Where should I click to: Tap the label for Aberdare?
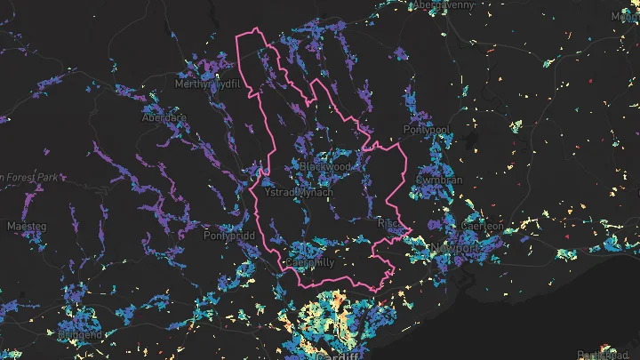coord(164,117)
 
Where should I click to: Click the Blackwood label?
coord(325,166)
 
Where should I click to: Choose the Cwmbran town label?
coord(439,180)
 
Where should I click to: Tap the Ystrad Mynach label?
coord(300,192)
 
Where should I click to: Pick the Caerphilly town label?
coord(309,263)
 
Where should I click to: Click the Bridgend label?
coord(79,336)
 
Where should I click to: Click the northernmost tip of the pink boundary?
coord(259,30)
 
